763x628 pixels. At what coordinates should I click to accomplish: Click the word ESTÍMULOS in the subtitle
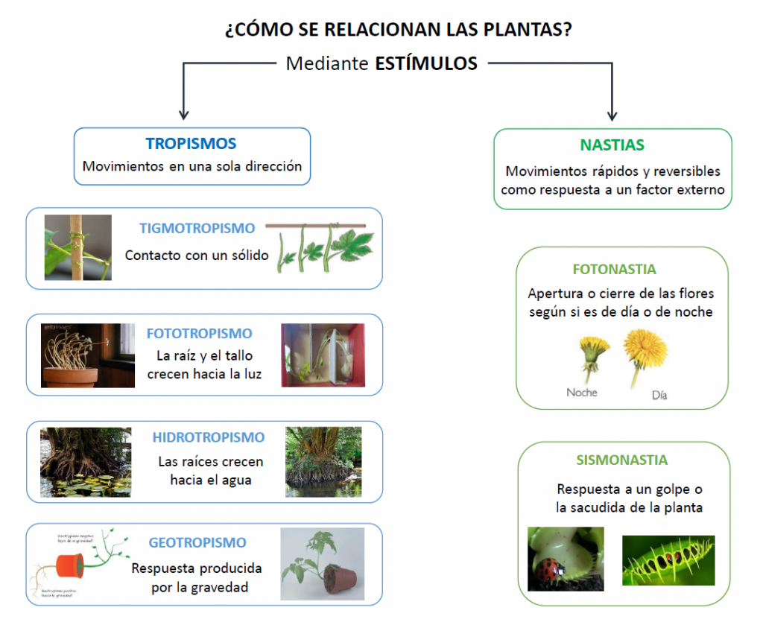(426, 63)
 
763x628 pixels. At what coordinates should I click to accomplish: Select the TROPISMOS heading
(191, 144)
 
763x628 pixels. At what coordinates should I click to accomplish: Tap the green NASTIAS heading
(612, 145)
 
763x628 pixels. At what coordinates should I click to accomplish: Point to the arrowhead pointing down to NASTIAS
(612, 115)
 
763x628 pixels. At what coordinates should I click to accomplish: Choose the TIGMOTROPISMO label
(197, 229)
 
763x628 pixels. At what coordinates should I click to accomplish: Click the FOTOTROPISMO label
(199, 334)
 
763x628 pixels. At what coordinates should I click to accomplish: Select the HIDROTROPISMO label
(209, 437)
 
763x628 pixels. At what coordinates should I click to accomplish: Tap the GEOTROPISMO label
(197, 543)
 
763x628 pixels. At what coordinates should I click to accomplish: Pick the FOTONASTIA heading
(615, 270)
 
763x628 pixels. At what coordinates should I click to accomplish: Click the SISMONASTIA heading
(621, 460)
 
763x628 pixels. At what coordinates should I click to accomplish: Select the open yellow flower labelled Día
(645, 350)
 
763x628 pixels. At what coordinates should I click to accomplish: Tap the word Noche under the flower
(582, 393)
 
